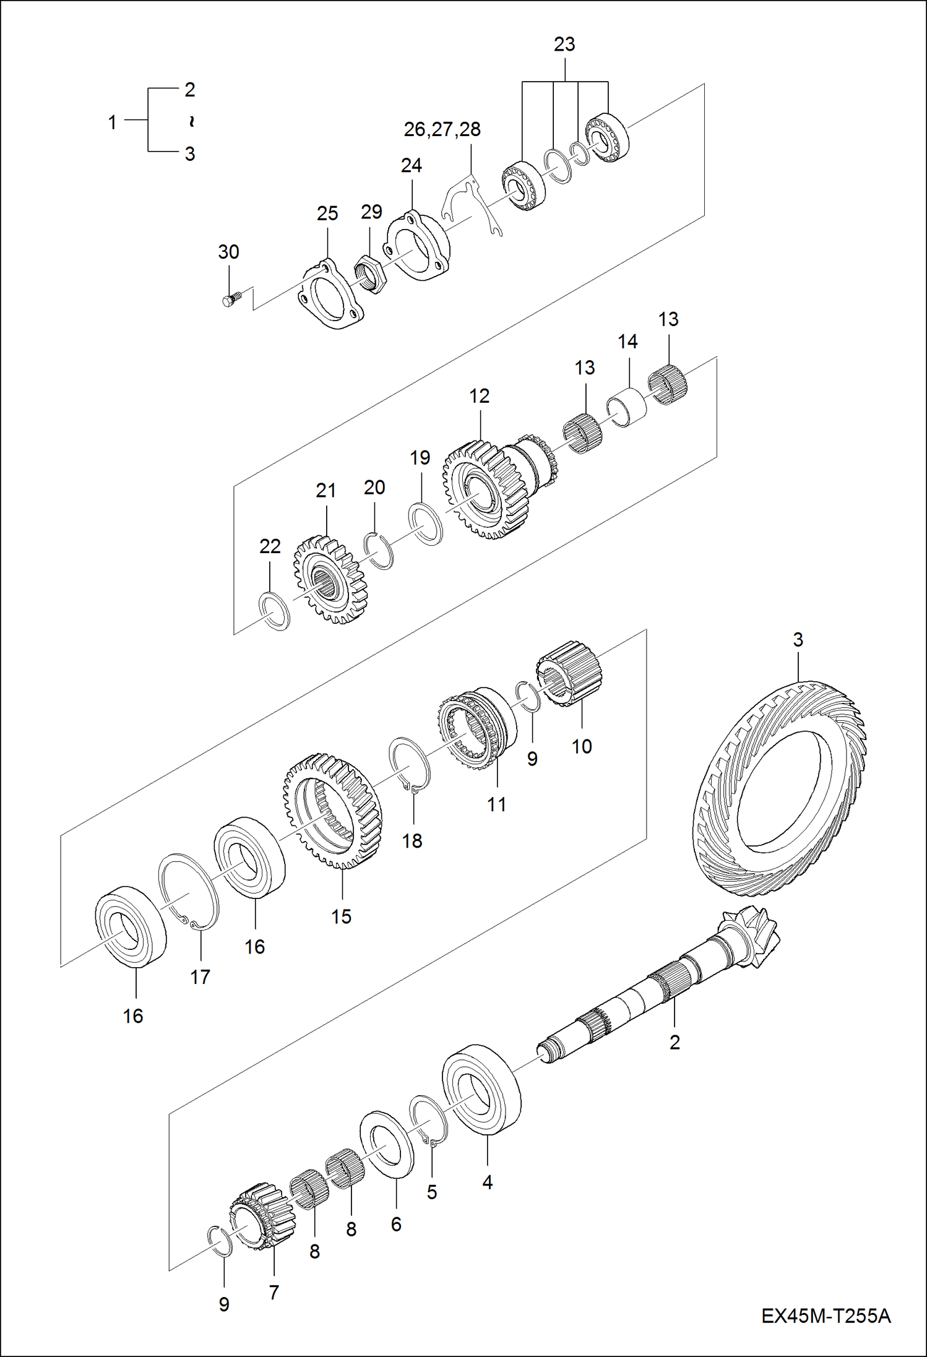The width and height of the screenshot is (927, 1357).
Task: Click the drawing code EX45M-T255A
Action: (x=826, y=1316)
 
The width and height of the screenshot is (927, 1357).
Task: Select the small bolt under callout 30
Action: (x=229, y=300)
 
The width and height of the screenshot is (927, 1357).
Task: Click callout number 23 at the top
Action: (x=564, y=45)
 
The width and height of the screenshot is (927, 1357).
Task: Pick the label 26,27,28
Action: (x=442, y=129)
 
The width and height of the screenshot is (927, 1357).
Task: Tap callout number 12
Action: (x=479, y=396)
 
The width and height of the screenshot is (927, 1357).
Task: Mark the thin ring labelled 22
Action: (x=274, y=611)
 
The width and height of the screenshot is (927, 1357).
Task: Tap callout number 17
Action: (x=200, y=977)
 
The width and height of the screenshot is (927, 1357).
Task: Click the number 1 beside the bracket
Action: (x=112, y=122)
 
